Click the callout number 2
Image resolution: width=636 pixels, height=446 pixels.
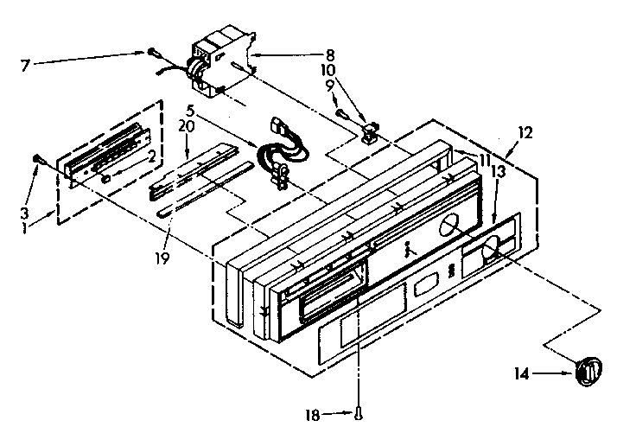pyautogui.click(x=151, y=156)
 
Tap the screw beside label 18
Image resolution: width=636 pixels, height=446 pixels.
pyautogui.click(x=356, y=415)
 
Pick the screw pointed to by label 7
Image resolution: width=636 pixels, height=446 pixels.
pyautogui.click(x=150, y=52)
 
